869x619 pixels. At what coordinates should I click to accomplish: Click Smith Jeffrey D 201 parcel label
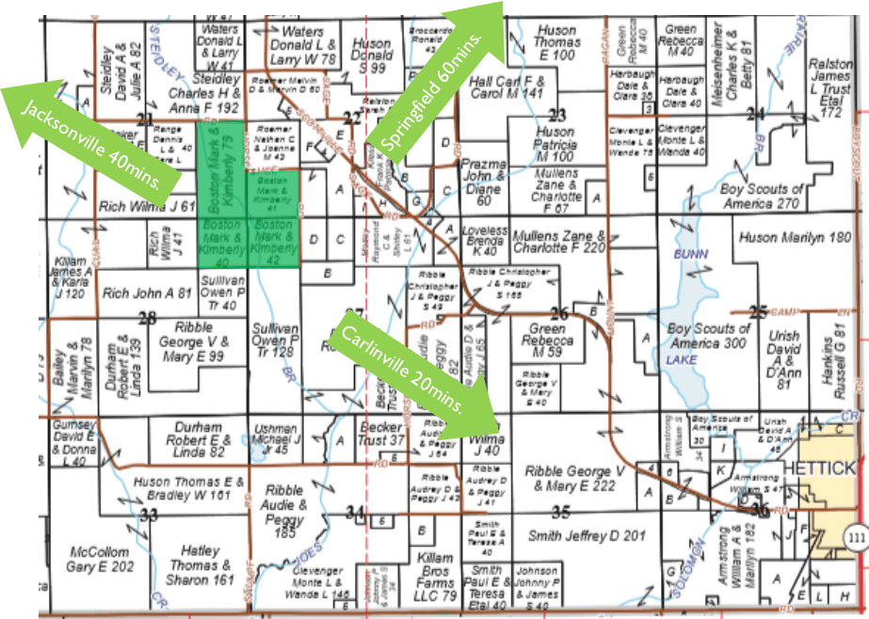tap(587, 536)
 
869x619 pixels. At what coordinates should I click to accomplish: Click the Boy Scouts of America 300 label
tap(708, 336)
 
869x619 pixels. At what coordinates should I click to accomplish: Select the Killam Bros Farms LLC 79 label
tap(435, 564)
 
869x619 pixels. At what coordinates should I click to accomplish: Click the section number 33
tap(149, 515)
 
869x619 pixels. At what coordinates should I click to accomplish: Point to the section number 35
tap(561, 513)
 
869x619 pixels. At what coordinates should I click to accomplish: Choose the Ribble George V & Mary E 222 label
tap(575, 478)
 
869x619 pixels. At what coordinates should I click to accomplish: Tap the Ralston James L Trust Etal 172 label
tap(831, 87)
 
